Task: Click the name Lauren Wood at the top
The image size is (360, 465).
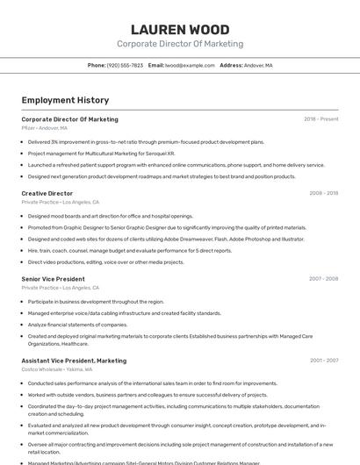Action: [180, 30]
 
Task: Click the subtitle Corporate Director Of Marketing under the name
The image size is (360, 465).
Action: [180, 44]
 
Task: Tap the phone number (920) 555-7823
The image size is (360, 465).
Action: [125, 65]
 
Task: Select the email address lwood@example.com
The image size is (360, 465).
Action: [191, 65]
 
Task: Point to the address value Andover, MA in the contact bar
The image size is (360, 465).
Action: [258, 65]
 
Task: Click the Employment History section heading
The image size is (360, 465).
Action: [65, 100]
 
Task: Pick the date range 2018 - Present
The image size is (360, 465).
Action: [320, 119]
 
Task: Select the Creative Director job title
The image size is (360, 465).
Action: [47, 193]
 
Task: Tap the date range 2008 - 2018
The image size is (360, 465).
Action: [323, 193]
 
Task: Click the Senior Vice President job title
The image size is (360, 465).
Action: [53, 279]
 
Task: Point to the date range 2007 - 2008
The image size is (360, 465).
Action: [323, 279]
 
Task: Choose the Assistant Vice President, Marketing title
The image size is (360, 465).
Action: [74, 361]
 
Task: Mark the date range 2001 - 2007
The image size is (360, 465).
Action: [323, 361]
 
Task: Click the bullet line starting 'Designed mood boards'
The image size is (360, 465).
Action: [110, 216]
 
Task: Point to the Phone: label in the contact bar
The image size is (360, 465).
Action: [97, 65]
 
